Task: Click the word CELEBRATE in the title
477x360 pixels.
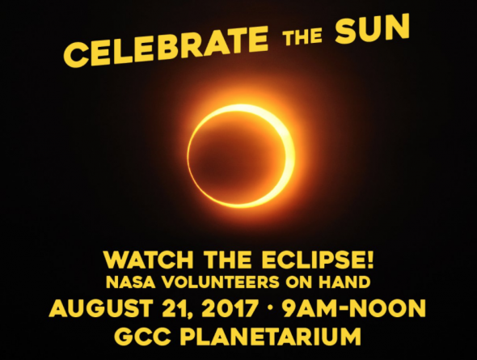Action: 166,45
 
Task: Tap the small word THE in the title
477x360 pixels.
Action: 302,36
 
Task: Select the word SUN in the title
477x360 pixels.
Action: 372,28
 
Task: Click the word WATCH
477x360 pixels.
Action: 149,260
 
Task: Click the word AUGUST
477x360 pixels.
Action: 100,308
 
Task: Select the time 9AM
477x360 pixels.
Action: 310,308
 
